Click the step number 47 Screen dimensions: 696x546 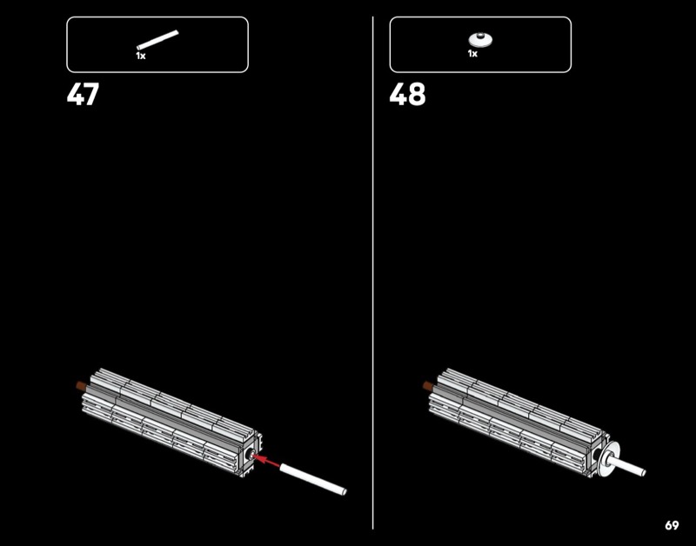click(x=83, y=94)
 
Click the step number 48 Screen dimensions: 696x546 click(x=407, y=94)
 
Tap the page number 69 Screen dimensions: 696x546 click(x=672, y=525)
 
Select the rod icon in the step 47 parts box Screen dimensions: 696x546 click(x=157, y=40)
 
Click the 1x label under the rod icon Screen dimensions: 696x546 click(x=141, y=56)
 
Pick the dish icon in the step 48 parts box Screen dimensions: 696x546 click(x=480, y=40)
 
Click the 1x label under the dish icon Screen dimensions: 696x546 click(x=472, y=54)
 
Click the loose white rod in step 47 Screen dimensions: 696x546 click(x=313, y=478)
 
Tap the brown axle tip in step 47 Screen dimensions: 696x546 click(x=81, y=385)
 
